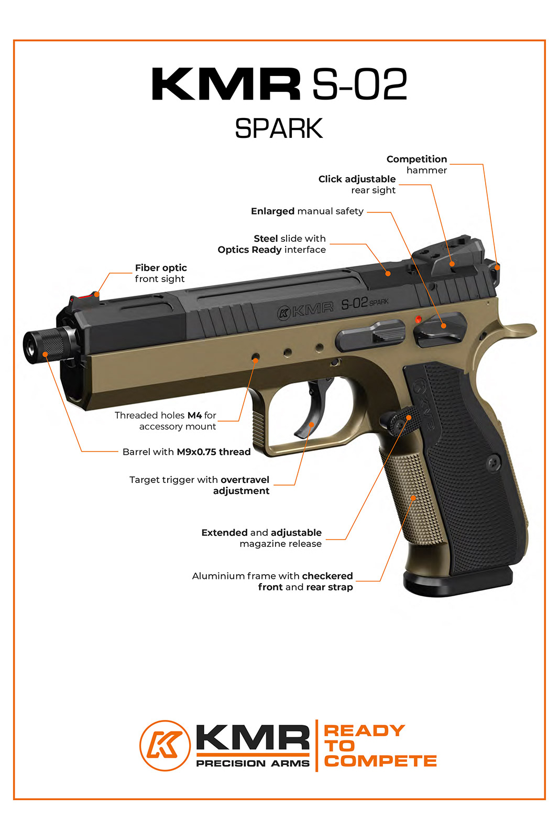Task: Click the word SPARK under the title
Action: click(279, 128)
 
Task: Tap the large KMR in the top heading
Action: click(226, 84)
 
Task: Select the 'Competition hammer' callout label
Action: click(417, 165)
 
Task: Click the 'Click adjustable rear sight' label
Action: click(357, 185)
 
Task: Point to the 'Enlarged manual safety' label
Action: click(307, 211)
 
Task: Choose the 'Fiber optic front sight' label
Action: click(160, 273)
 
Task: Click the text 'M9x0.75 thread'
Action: click(214, 452)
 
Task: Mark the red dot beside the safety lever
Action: click(418, 319)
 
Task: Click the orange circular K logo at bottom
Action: click(165, 745)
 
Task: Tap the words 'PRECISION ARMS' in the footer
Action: click(253, 763)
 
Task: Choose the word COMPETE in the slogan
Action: click(380, 761)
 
